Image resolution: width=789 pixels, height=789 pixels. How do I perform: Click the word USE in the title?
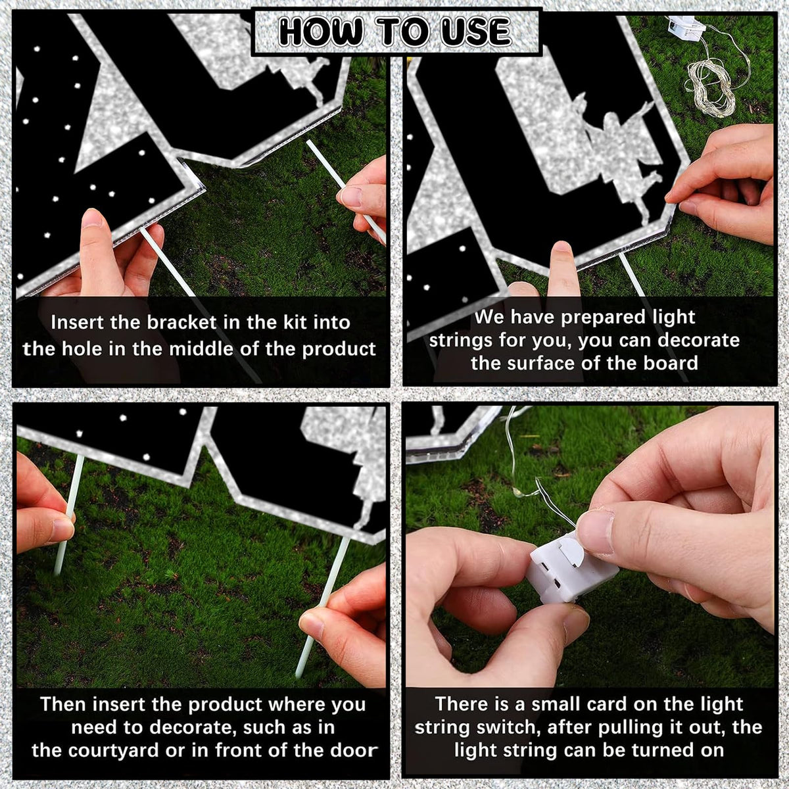476,32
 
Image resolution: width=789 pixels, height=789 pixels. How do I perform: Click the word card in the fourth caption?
608,704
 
